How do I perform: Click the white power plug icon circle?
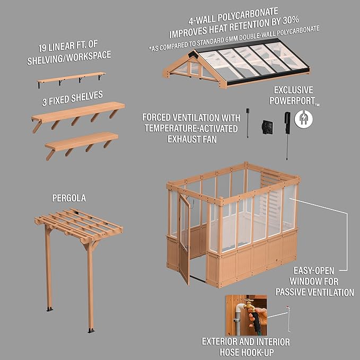pos(304,119)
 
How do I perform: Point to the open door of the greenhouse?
pos(184,239)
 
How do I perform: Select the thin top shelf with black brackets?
pos(71,78)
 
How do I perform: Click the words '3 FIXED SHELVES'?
pos(73,97)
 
